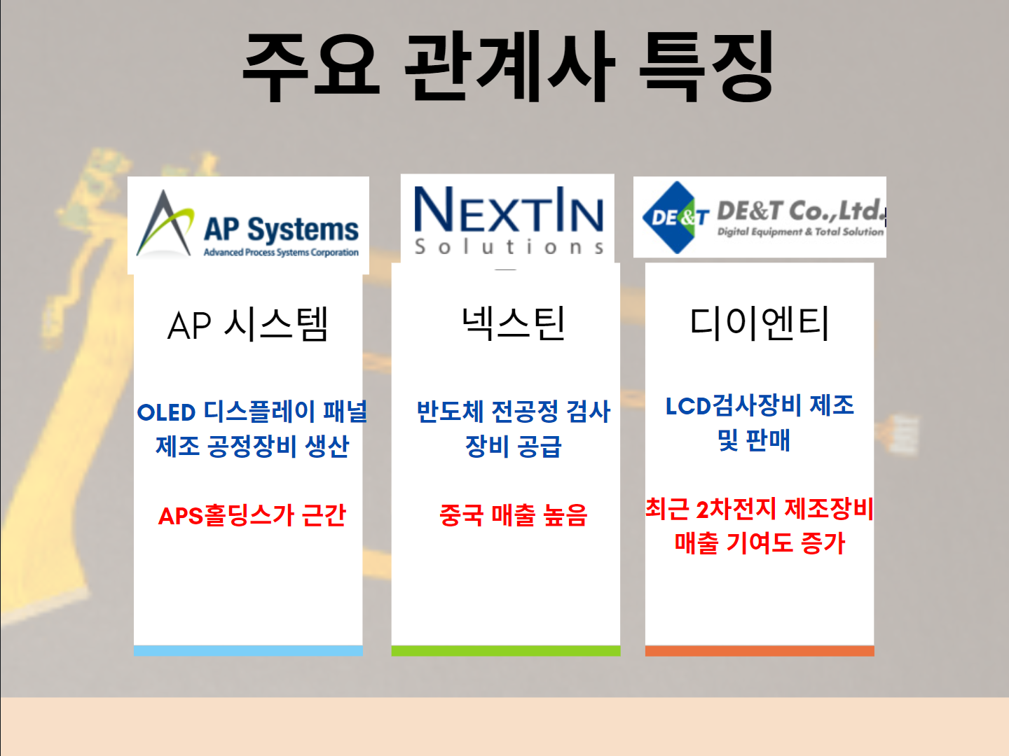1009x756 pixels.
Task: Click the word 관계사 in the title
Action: pos(510,66)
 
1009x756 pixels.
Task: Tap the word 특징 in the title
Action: pos(706,66)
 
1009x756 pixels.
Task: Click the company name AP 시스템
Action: pos(248,325)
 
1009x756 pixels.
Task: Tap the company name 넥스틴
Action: pos(513,323)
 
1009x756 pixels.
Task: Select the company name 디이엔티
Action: pos(760,323)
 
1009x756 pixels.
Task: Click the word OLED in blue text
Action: pos(166,412)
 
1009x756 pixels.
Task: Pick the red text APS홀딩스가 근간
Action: pos(252,516)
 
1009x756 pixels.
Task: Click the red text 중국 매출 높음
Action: pos(513,516)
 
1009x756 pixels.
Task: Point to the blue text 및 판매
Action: pos(754,441)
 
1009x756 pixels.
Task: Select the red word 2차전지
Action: pos(736,509)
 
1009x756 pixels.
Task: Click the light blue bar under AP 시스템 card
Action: pos(248,651)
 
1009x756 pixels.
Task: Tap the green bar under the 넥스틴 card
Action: pos(506,651)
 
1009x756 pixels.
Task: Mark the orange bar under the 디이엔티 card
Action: pos(760,651)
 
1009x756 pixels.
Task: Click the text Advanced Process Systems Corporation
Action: pos(281,253)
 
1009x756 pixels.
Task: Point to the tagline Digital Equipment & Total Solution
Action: pos(800,232)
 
